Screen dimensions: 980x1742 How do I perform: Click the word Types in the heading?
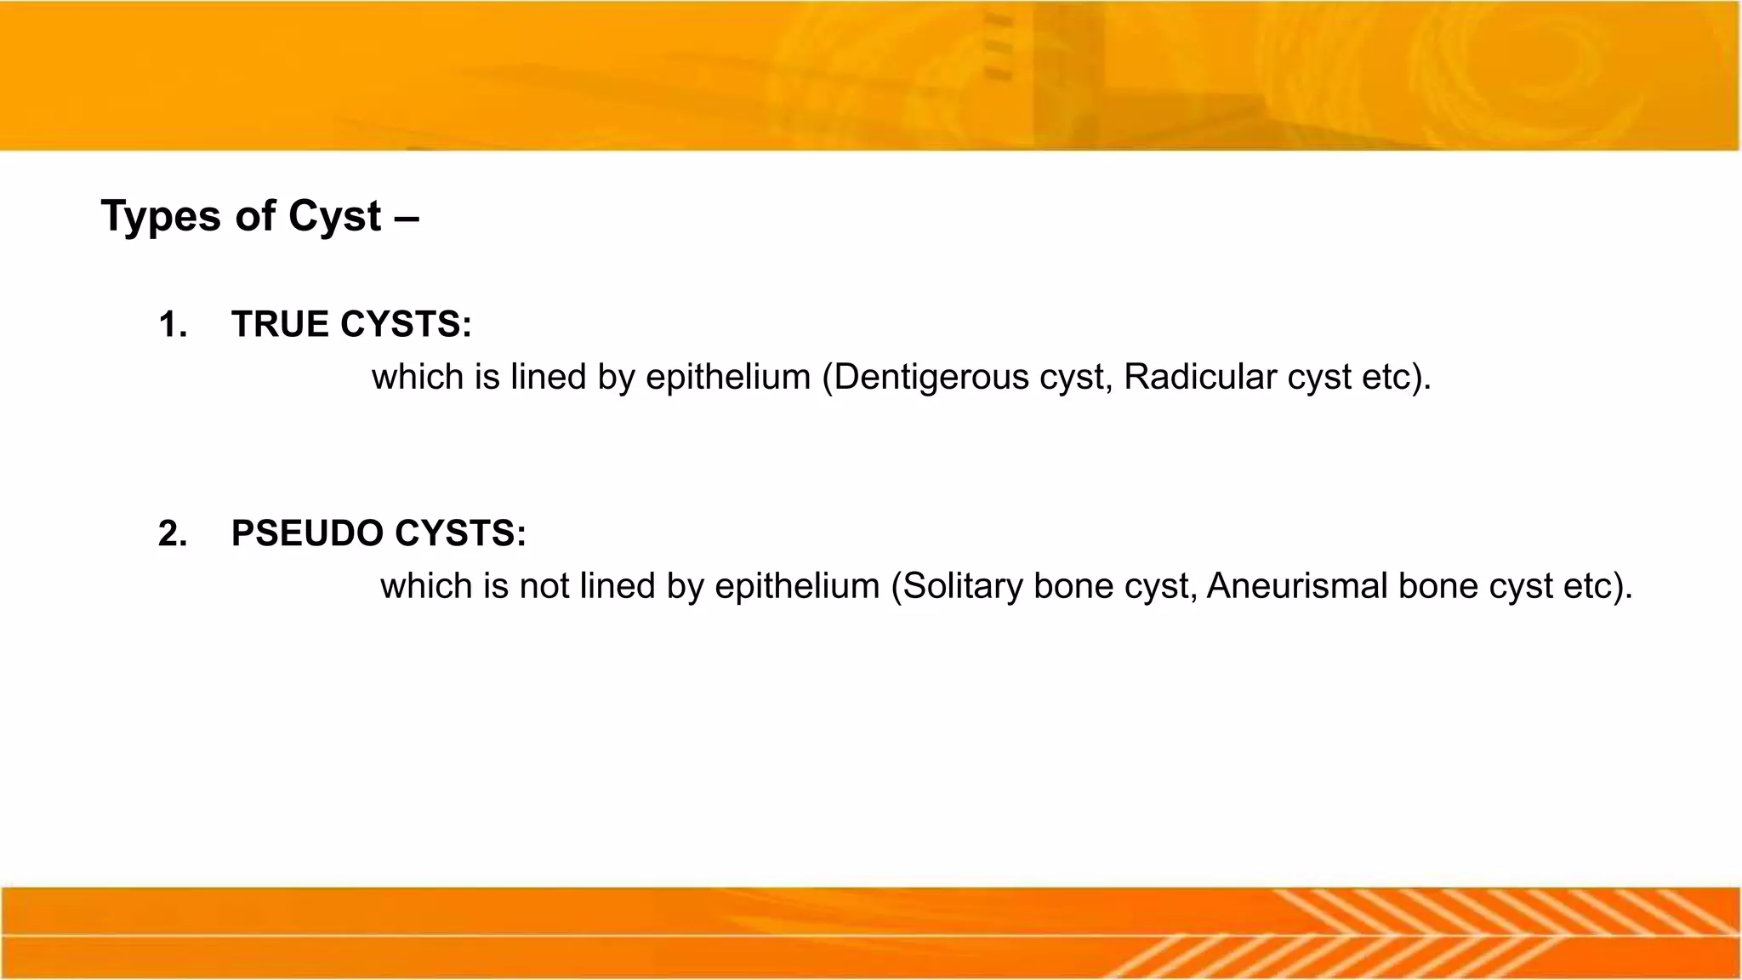(162, 217)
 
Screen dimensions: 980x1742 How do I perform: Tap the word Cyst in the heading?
(334, 217)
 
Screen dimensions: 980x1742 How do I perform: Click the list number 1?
(172, 325)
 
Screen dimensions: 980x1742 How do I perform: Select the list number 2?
(172, 534)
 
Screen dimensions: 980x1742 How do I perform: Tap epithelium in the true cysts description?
(728, 378)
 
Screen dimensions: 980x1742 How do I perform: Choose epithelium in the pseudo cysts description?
(797, 587)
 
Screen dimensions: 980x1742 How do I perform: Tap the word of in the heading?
(255, 217)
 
